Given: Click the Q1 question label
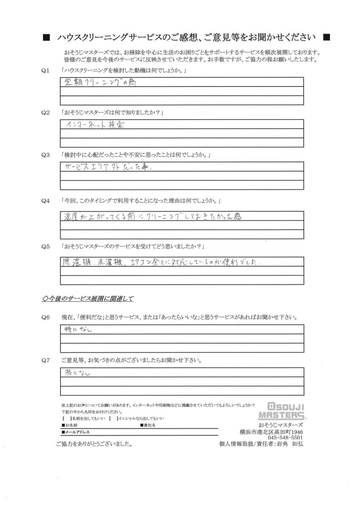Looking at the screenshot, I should (x=45, y=70).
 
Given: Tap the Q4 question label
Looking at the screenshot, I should (x=45, y=200).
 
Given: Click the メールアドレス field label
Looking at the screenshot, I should (x=76, y=432).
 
